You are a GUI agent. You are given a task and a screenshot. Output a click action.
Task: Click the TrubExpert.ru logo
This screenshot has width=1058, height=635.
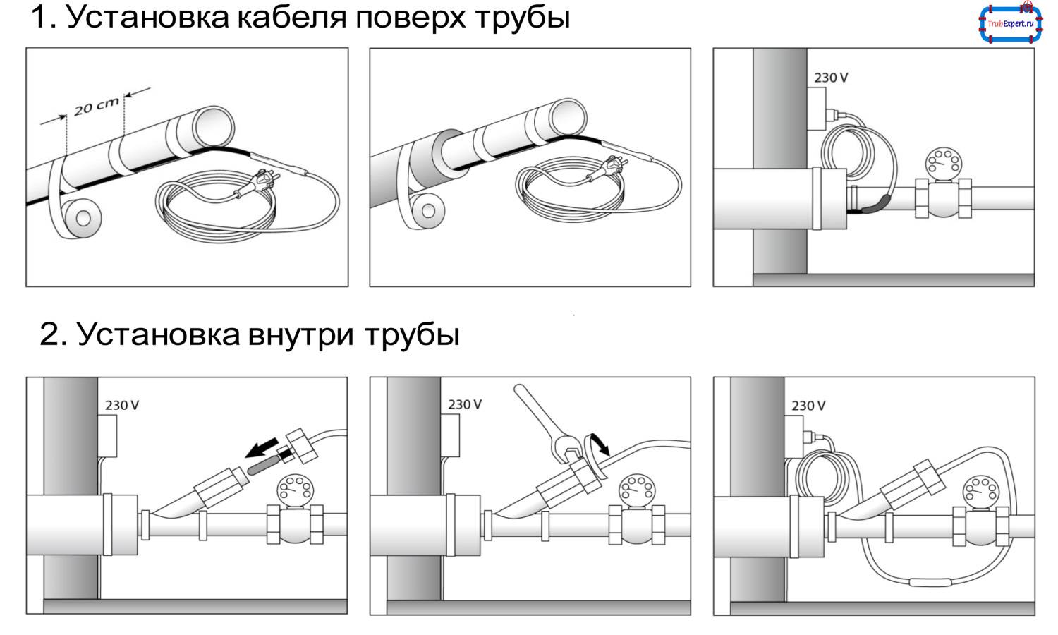1010,24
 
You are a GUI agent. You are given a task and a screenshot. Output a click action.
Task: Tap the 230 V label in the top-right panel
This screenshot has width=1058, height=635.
830,78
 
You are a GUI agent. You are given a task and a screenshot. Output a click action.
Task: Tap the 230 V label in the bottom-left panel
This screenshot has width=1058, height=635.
122,405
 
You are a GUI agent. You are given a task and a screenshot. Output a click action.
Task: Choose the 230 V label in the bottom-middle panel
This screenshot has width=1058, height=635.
465,404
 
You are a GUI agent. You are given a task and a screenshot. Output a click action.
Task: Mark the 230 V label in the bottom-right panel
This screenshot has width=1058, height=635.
808,406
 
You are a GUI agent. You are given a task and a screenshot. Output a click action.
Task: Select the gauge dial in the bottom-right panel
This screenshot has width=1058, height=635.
979,489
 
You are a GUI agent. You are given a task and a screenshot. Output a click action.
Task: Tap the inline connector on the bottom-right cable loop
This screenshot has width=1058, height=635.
931,582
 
